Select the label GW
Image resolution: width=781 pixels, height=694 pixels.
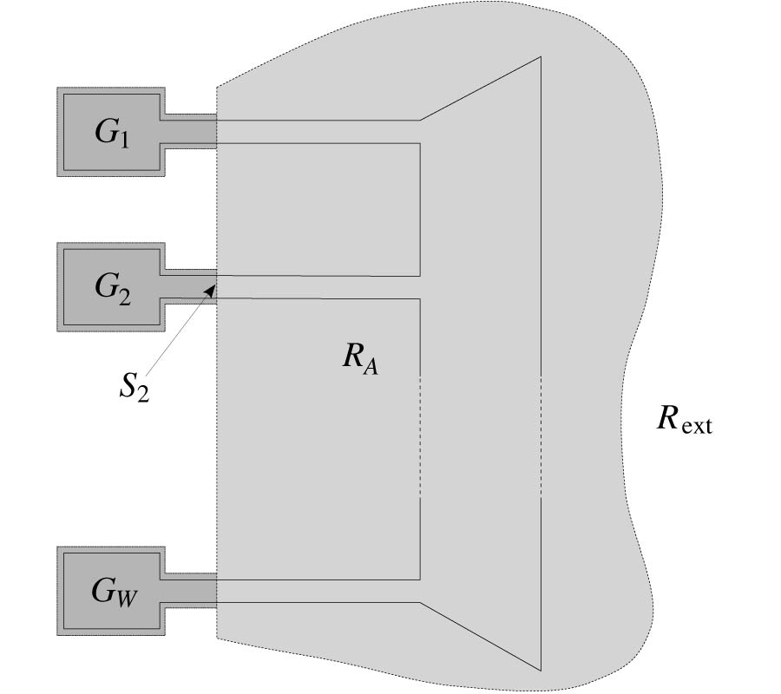pyautogui.click(x=113, y=592)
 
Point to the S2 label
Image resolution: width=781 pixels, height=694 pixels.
pyautogui.click(x=134, y=387)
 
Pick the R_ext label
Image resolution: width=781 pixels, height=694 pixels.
pyautogui.click(x=684, y=420)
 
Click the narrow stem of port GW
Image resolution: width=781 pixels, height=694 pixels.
pyautogui.click(x=189, y=591)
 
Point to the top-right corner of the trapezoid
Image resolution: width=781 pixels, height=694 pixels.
pyautogui.click(x=541, y=57)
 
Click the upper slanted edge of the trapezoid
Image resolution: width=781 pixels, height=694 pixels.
pyautogui.click(x=481, y=88)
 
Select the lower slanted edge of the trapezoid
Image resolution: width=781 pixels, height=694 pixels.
pyautogui.click(x=481, y=636)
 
